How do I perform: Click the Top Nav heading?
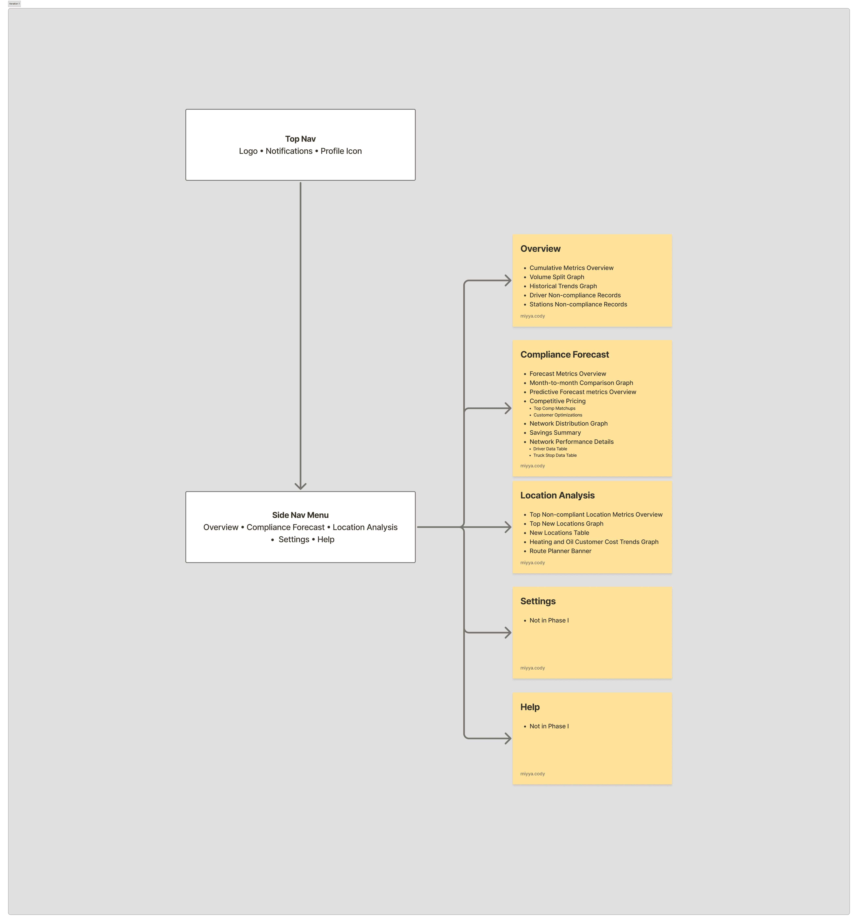point(300,139)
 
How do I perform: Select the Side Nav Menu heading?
point(300,515)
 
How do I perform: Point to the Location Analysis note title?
point(557,495)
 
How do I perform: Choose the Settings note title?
point(538,601)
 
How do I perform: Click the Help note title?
point(530,707)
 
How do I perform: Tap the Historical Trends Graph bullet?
point(563,286)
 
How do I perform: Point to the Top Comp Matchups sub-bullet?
point(554,409)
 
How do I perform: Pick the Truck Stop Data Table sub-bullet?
point(555,455)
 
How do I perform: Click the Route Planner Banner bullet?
point(560,551)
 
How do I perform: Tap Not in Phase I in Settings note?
point(549,620)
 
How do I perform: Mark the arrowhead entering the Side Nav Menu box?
point(300,486)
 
